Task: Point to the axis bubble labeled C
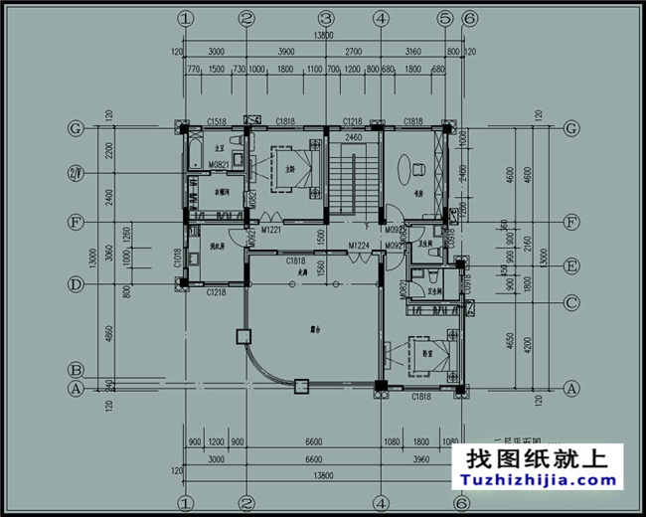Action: (x=570, y=303)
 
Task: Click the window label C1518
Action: (x=217, y=121)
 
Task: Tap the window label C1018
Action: (x=177, y=260)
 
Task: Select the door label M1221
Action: (x=272, y=231)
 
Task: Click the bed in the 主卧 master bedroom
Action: (x=293, y=166)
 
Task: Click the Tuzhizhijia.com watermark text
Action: (x=539, y=482)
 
